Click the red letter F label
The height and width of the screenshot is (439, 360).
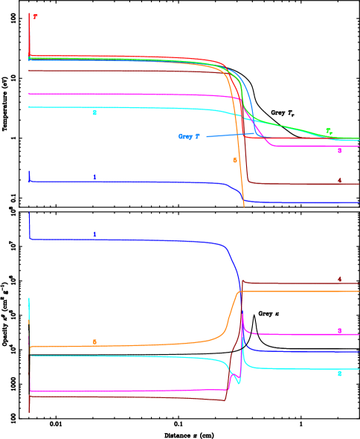pyautogui.click(x=35, y=16)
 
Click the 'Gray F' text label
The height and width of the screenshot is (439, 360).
pyautogui.click(x=189, y=137)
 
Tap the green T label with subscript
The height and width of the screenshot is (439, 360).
pyautogui.click(x=329, y=132)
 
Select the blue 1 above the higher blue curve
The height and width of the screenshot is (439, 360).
pyautogui.click(x=94, y=177)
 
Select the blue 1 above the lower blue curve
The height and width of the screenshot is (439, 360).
pyautogui.click(x=94, y=234)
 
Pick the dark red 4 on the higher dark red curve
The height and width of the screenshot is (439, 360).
pyautogui.click(x=339, y=181)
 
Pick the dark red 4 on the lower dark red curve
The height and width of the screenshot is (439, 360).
pyautogui.click(x=339, y=280)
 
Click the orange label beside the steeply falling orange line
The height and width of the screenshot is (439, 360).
pyautogui.click(x=235, y=160)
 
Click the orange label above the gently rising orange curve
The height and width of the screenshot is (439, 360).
pyautogui.click(x=94, y=342)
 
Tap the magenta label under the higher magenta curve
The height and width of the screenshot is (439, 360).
pyautogui.click(x=339, y=151)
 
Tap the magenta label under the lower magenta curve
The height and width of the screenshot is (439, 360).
pyautogui.click(x=339, y=331)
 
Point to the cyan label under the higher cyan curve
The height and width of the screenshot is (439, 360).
pyautogui.click(x=94, y=113)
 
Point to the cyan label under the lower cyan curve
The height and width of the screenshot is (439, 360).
pyautogui.click(x=339, y=374)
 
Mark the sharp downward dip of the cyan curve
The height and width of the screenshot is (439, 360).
pyautogui.click(x=238, y=382)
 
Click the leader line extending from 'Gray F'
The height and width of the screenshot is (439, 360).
pyautogui.click(x=227, y=135)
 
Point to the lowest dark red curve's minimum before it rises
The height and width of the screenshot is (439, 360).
pyautogui.click(x=225, y=401)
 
